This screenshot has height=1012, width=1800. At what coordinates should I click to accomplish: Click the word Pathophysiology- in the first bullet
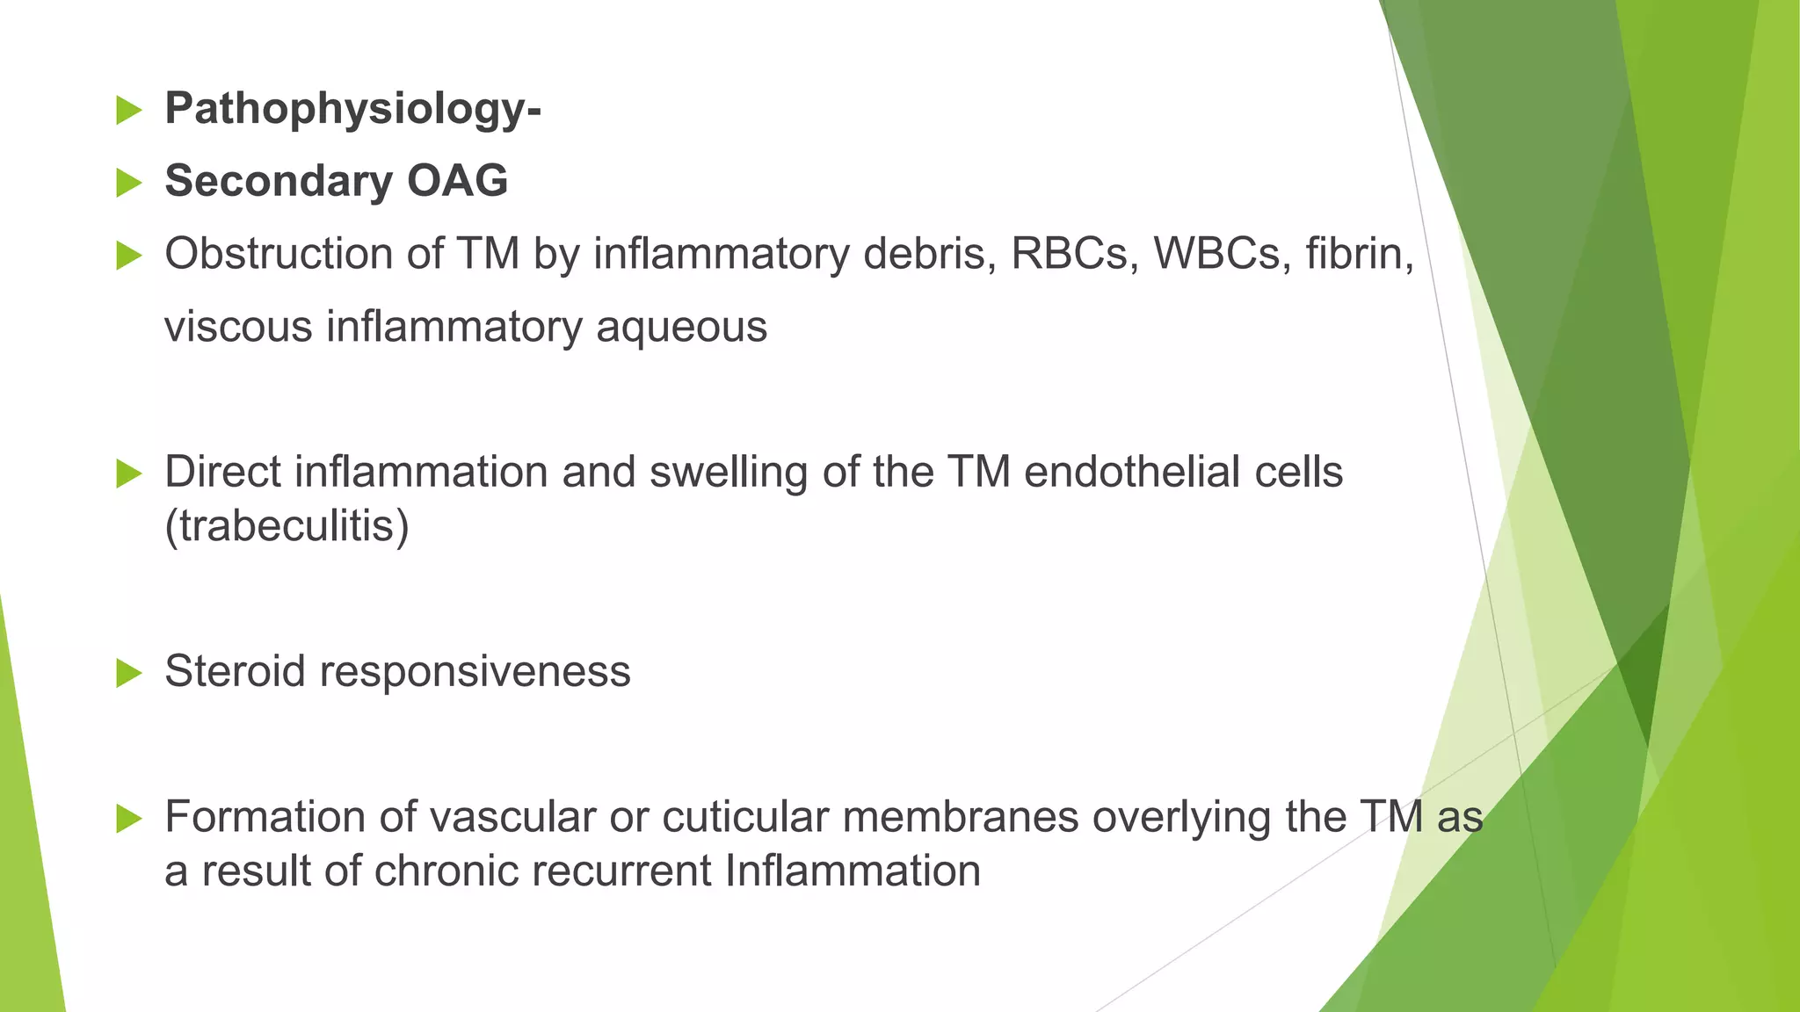352,110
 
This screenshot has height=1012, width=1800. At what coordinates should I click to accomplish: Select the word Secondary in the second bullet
278,181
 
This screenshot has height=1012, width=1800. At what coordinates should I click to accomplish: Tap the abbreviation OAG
457,181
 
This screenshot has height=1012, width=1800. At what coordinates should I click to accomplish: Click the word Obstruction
278,254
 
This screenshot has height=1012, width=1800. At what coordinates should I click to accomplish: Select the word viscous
238,327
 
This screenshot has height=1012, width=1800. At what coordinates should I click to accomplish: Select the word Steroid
235,672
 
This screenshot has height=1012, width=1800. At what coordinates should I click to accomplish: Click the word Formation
265,817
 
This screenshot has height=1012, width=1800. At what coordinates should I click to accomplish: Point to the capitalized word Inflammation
852,872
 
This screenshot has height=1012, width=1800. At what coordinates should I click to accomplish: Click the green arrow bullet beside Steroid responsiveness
128,674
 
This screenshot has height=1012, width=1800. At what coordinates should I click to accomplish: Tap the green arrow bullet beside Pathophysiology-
128,111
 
